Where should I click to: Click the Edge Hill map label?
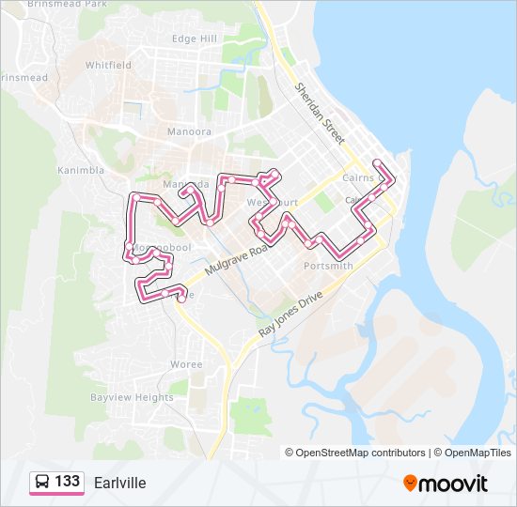pyautogui.click(x=195, y=38)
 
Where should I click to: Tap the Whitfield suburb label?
pyautogui.click(x=108, y=66)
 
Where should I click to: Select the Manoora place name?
pyautogui.click(x=189, y=132)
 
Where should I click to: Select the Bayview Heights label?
pyautogui.click(x=132, y=397)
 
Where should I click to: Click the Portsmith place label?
pyautogui.click(x=328, y=266)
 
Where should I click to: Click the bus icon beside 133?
pyautogui.click(x=42, y=483)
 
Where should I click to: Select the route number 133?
pyautogui.click(x=67, y=482)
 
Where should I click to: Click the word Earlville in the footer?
pyautogui.click(x=119, y=483)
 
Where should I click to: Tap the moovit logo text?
pyautogui.click(x=453, y=484)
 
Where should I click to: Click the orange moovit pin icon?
pyautogui.click(x=410, y=483)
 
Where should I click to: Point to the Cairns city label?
pyautogui.click(x=357, y=177)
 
